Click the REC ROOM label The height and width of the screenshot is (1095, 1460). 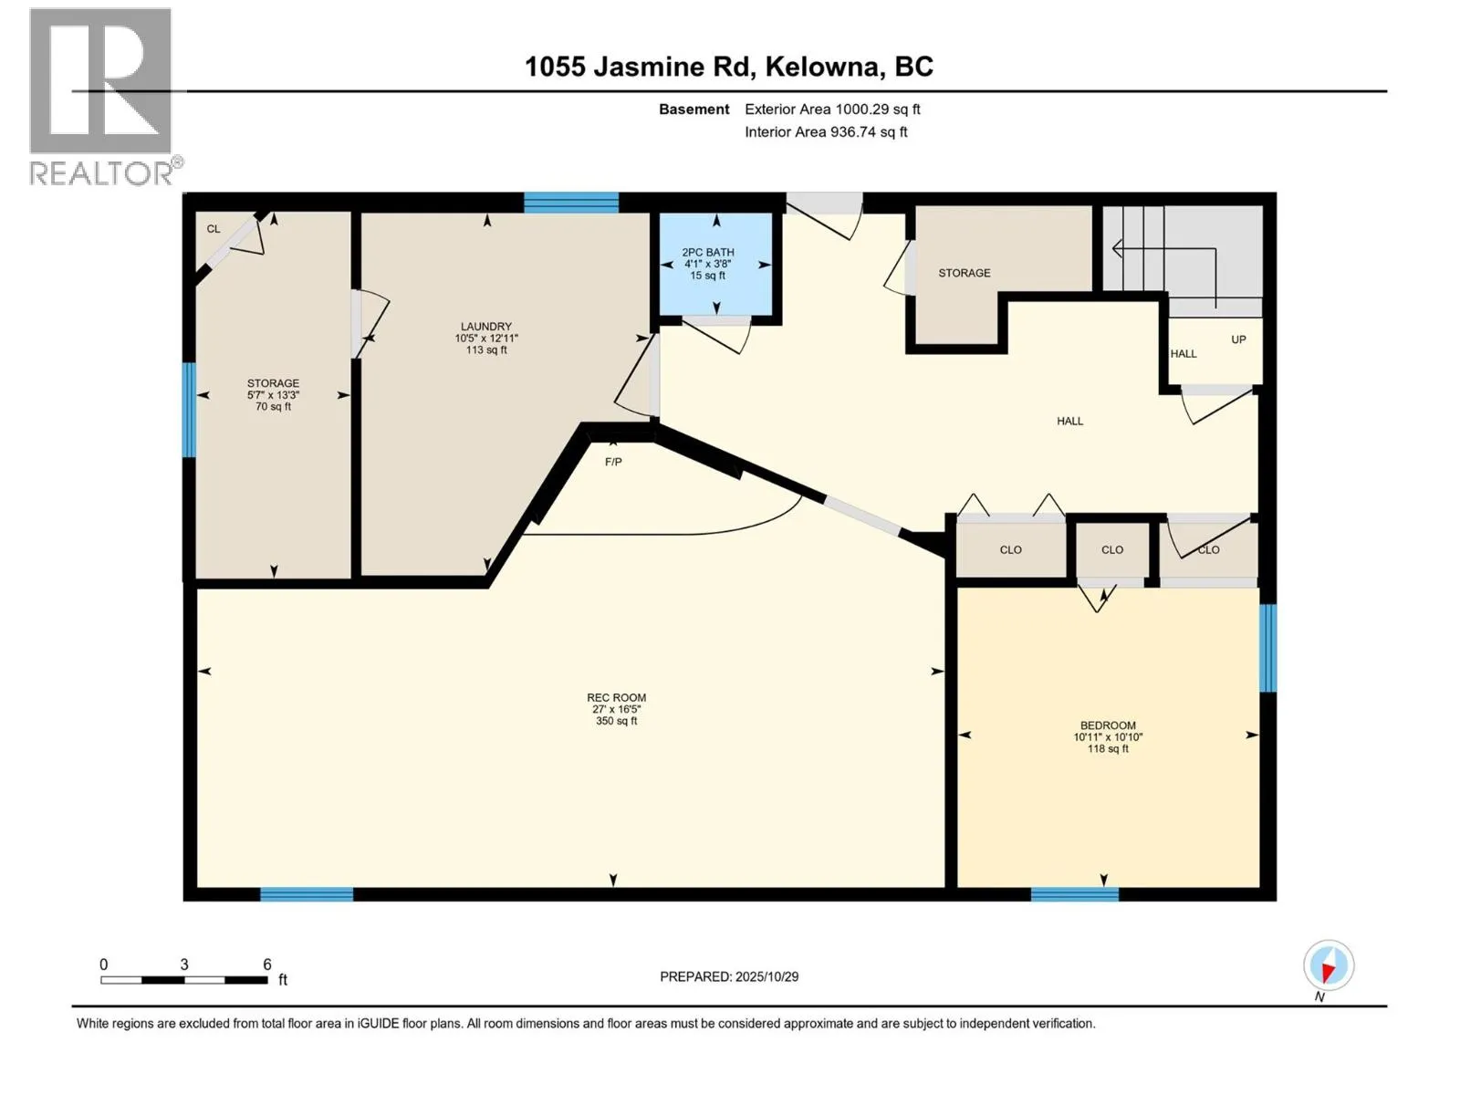click(x=616, y=698)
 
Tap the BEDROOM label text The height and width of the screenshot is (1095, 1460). click(x=1108, y=725)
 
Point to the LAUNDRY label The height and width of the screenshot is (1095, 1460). click(x=485, y=327)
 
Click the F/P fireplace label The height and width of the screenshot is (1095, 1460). click(x=613, y=463)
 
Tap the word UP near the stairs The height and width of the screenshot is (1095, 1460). click(x=1238, y=339)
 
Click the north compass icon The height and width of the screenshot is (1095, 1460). click(x=1328, y=965)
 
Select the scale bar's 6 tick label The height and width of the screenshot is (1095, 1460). click(x=266, y=965)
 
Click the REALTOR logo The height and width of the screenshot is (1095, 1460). click(x=102, y=96)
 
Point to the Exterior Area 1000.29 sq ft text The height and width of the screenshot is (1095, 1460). click(x=832, y=109)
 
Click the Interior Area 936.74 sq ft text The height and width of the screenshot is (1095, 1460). click(x=826, y=132)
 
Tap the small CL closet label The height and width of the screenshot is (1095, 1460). click(x=214, y=229)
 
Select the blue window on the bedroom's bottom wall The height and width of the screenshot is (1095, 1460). click(x=1074, y=894)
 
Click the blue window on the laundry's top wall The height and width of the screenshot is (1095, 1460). click(x=571, y=202)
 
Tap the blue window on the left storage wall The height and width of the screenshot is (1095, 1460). click(x=189, y=410)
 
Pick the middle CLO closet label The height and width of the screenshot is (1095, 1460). click(x=1111, y=550)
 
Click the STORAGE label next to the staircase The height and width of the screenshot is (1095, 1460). click(x=964, y=273)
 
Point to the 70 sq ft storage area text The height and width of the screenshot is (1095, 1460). click(x=273, y=407)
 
